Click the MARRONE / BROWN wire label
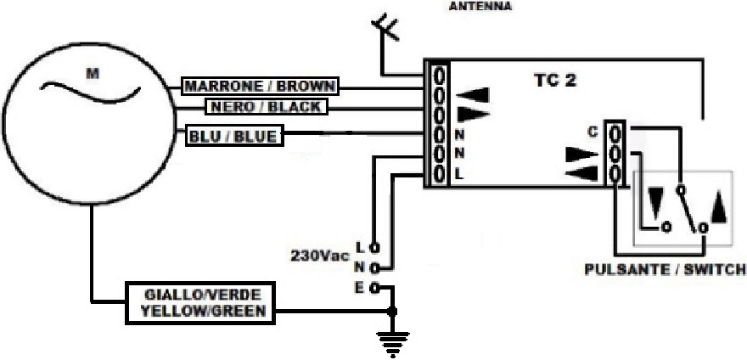pos(261,87)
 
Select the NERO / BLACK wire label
pos(264,107)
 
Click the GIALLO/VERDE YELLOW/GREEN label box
pos(201,302)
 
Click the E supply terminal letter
pos(360,288)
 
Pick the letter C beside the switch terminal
pos(593,132)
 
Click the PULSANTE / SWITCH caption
pos(665,270)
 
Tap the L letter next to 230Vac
pos(360,248)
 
